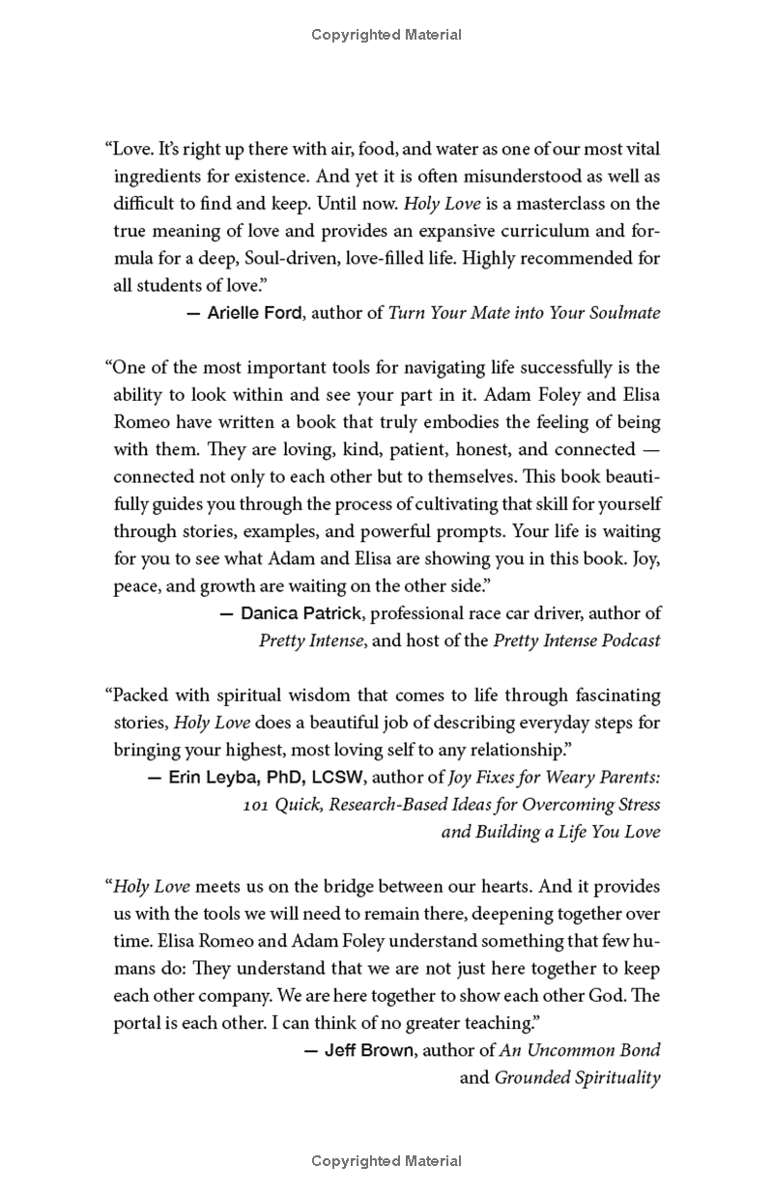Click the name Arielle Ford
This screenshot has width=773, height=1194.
254,312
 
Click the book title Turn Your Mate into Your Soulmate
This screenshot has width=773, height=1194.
524,312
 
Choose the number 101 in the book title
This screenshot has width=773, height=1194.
257,804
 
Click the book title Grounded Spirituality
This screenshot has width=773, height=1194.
577,1077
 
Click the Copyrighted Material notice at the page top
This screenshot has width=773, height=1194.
386,35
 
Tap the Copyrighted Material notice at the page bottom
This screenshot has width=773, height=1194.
386,1161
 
